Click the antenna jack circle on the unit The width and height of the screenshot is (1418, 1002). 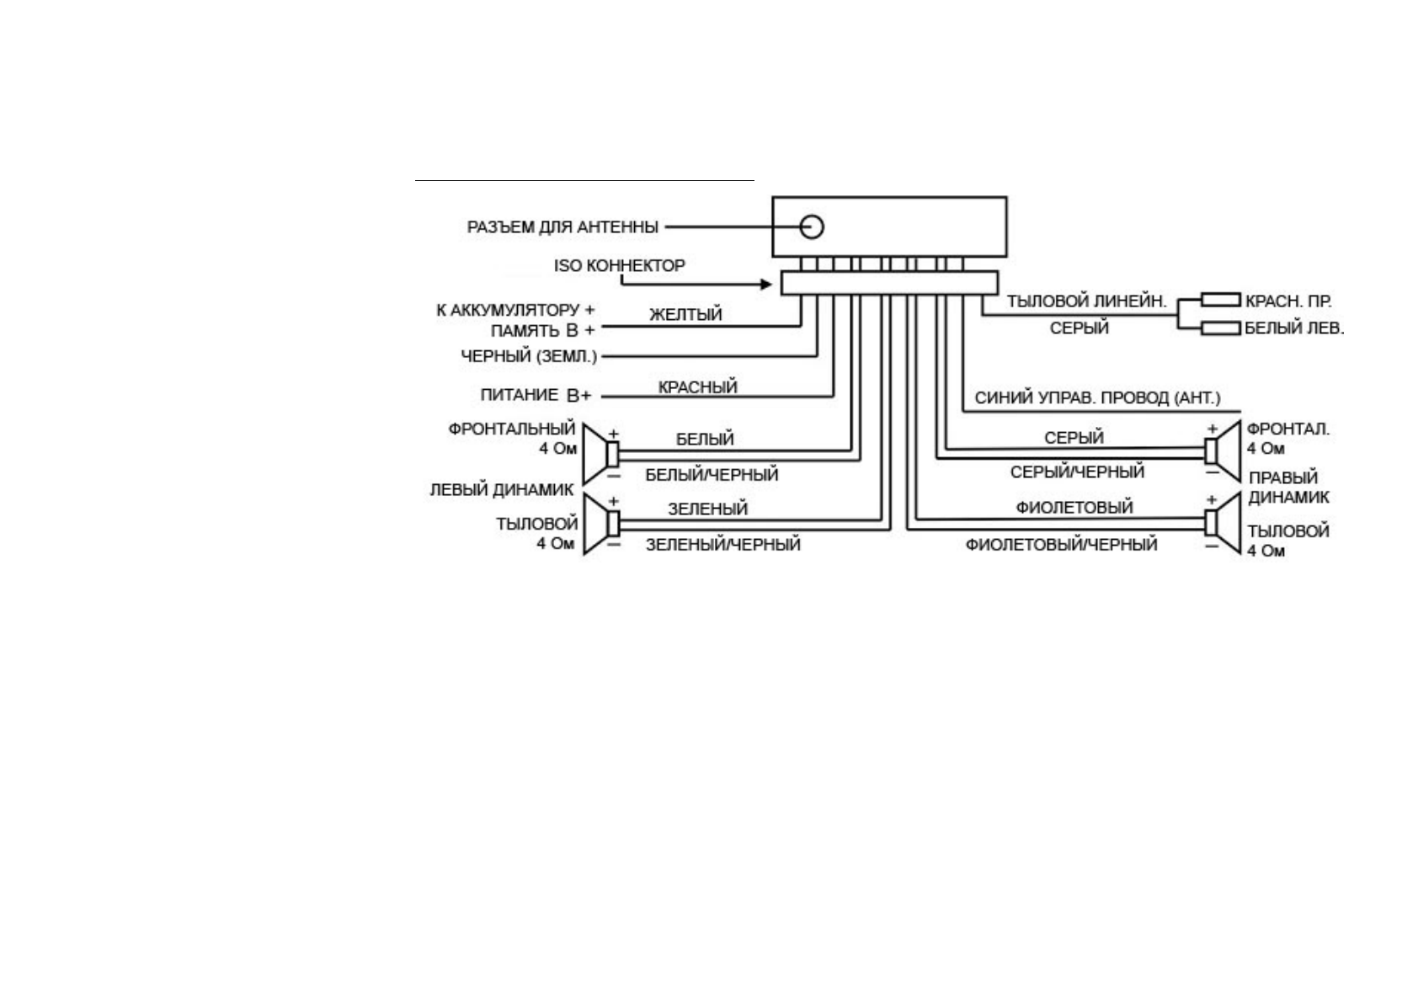click(812, 227)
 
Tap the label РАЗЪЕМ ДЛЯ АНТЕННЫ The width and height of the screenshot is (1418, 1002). click(562, 227)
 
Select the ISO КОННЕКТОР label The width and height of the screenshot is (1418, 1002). click(619, 265)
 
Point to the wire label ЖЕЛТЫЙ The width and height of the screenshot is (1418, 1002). click(685, 315)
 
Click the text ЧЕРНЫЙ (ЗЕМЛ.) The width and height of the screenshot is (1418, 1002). click(529, 356)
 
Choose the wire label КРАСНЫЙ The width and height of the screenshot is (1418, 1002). click(697, 387)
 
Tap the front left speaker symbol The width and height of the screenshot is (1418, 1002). click(600, 453)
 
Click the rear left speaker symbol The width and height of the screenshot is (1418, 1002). click(600, 523)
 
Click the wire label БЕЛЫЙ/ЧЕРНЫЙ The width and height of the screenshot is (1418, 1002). click(712, 475)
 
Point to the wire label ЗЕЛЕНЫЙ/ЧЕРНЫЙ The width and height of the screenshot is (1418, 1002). click(722, 545)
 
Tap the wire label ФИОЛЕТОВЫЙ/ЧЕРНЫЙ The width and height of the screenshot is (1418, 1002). click(1061, 545)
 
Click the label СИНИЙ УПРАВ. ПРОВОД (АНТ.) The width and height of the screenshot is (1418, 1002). click(1097, 397)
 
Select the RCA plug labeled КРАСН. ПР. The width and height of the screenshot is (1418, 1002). click(1220, 300)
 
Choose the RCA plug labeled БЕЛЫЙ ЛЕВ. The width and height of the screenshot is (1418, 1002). click(1220, 328)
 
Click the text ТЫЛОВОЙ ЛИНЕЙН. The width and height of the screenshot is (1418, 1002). click(1086, 301)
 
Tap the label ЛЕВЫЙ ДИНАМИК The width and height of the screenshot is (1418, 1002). click(502, 489)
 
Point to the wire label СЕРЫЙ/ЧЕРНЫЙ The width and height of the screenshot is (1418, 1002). click(1077, 472)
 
